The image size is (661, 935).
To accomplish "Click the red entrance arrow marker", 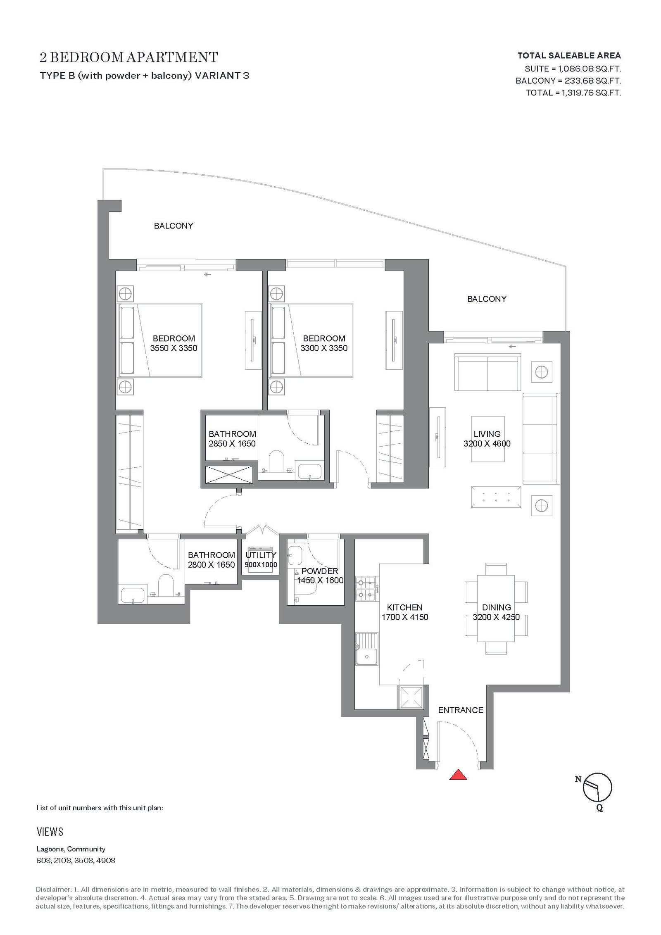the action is pos(458,775).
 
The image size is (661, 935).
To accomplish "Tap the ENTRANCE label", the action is pos(461,710).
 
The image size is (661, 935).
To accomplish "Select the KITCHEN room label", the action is pos(404,607).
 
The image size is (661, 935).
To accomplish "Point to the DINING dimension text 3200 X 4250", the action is pos(496,617).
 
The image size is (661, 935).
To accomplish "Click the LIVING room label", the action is pos(487,434).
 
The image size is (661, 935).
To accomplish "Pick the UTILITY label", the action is pos(261,555).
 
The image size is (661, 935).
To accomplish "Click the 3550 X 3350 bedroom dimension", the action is pos(174,348).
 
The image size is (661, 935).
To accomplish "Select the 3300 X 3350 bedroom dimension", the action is pos(324,348).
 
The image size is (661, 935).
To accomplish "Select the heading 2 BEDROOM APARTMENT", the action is pos(129,57).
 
